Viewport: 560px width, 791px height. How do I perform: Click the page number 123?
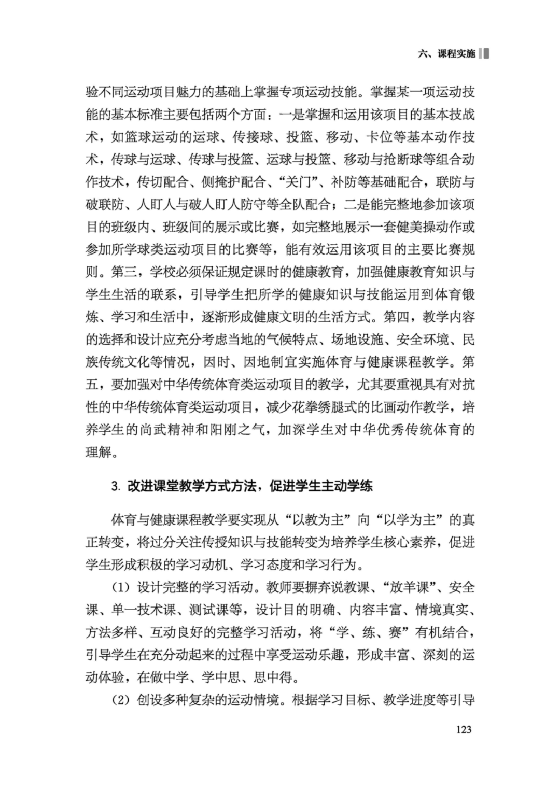[x=464, y=729]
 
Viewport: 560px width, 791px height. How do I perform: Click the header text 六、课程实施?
[x=446, y=54]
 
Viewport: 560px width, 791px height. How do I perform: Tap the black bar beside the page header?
[x=486, y=53]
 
